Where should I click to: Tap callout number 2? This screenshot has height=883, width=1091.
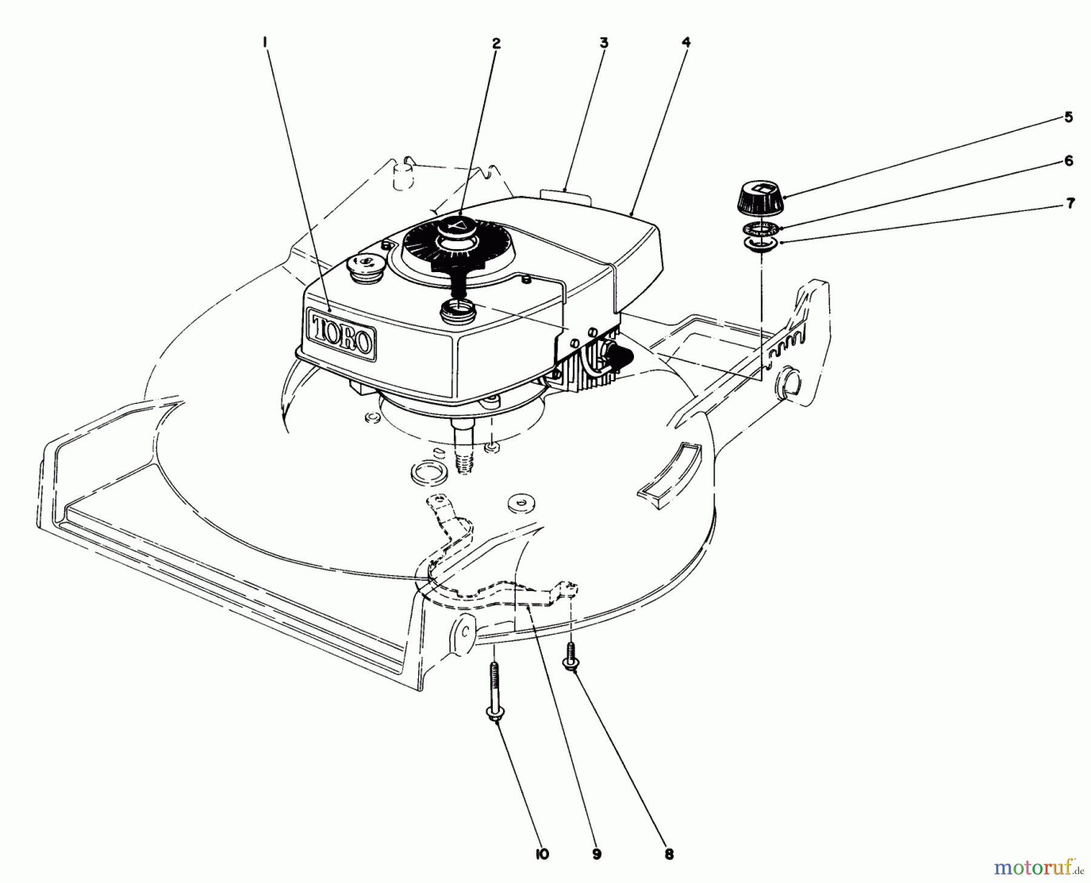[x=496, y=43]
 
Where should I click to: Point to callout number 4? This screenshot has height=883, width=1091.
[x=686, y=42]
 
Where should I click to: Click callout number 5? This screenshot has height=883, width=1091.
[x=1068, y=117]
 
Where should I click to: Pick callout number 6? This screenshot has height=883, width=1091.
[x=1068, y=161]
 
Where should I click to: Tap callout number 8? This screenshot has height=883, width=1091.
[x=669, y=855]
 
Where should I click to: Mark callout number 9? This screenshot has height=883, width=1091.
[x=597, y=855]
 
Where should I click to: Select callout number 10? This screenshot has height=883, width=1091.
[x=542, y=855]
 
